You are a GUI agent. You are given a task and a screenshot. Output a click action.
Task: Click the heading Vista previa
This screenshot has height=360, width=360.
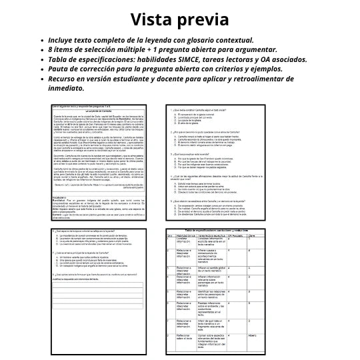pyautogui.click(x=180, y=19)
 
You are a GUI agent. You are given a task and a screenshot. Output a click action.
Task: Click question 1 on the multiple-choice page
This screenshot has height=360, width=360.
pyautogui.click(x=213, y=109)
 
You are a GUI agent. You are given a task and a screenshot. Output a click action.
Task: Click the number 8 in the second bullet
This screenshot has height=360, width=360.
pyautogui.click(x=50, y=49)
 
